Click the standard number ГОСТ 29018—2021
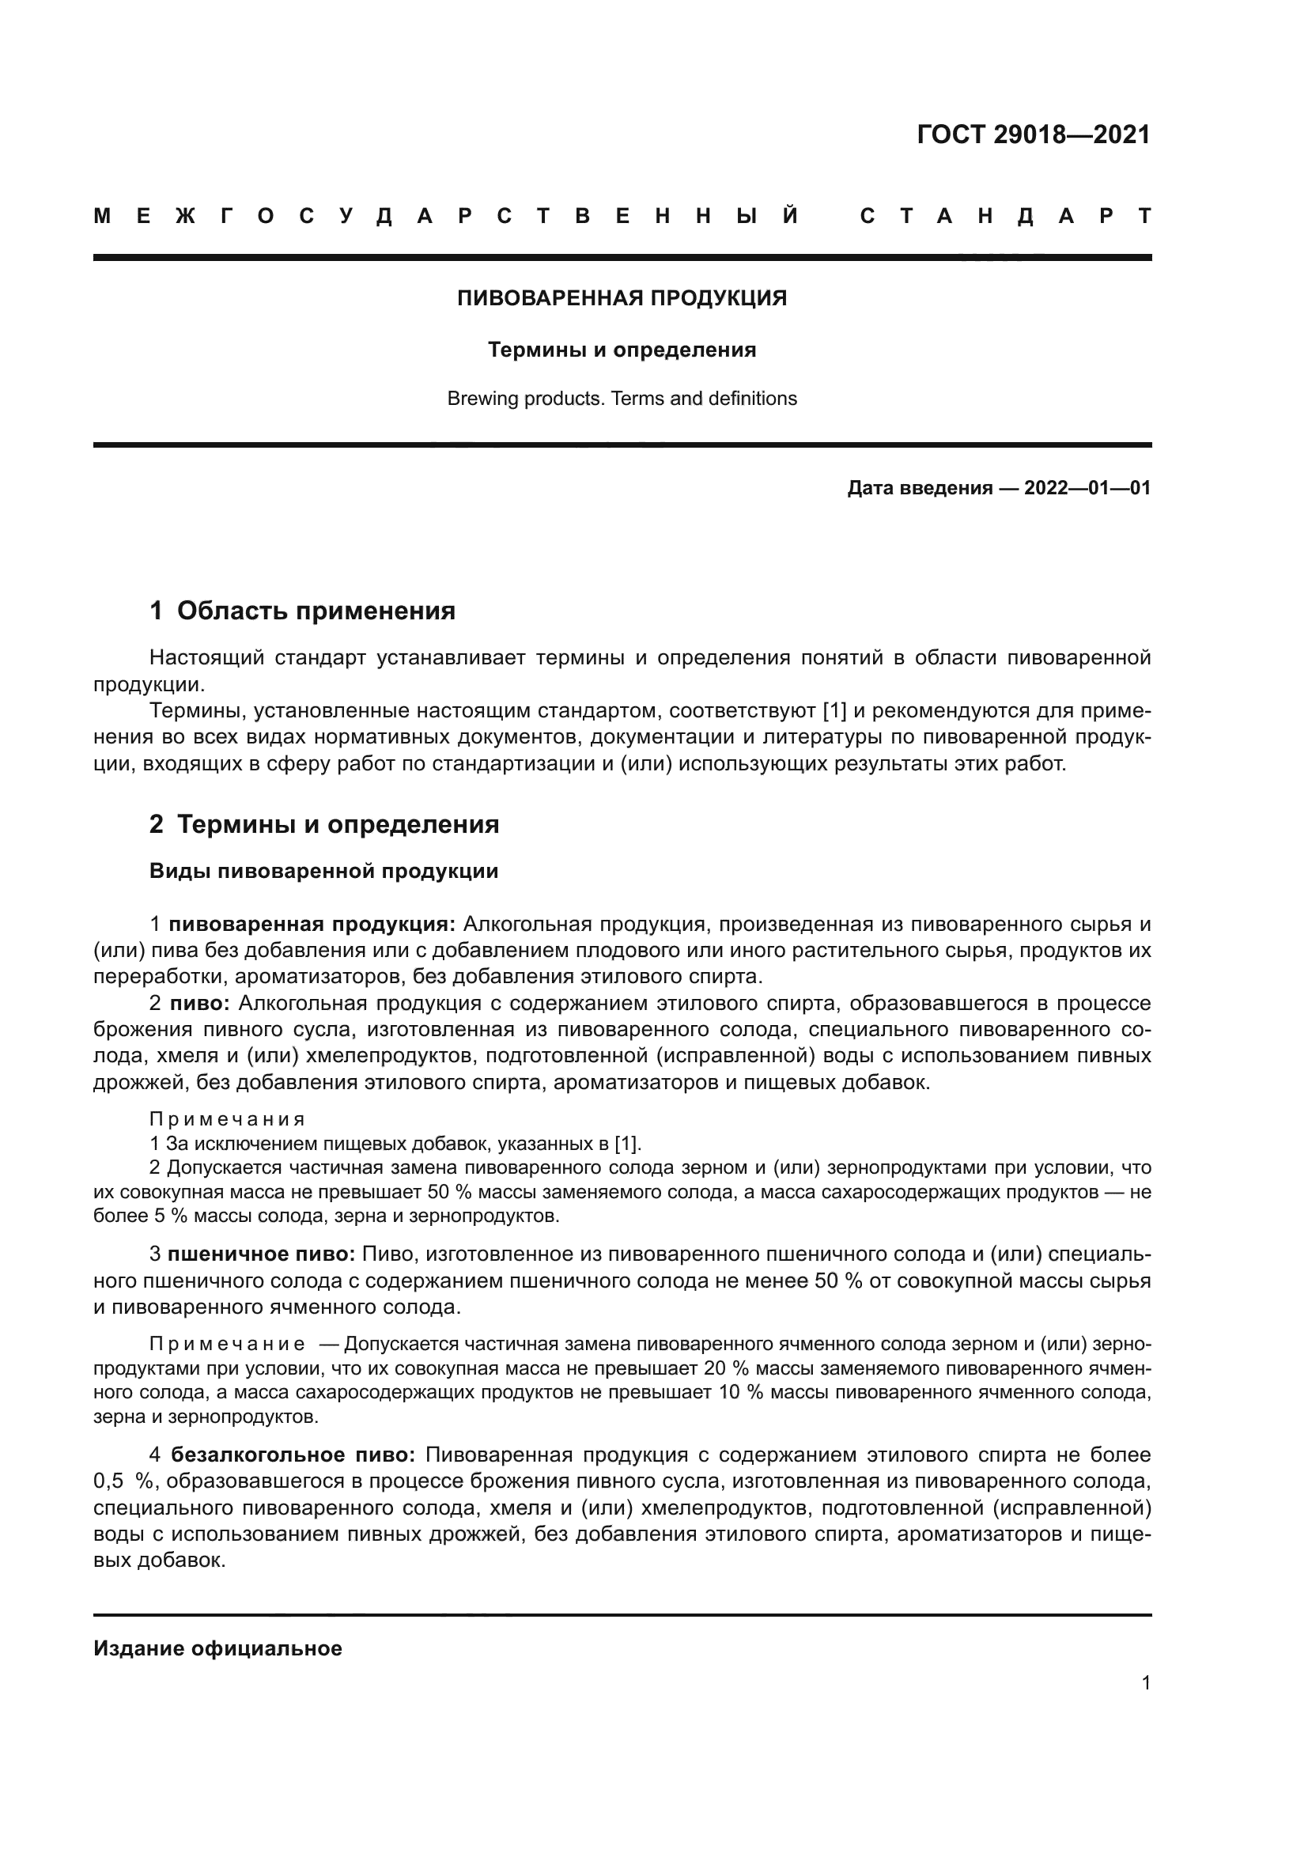(x=1034, y=134)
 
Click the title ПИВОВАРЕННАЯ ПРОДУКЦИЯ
(x=622, y=298)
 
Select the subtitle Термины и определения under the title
(x=622, y=350)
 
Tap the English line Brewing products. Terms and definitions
(x=622, y=399)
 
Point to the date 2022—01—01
(x=1087, y=488)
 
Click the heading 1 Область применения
(x=302, y=611)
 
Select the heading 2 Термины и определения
(x=323, y=824)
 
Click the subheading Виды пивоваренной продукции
(x=323, y=871)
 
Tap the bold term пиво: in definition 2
(x=201, y=1003)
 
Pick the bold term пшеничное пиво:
(x=262, y=1254)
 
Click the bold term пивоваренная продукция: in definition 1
(x=312, y=924)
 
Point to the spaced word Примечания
(x=227, y=1119)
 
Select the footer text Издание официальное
(x=217, y=1648)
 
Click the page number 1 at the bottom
(x=1145, y=1683)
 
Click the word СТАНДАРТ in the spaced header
(x=1005, y=216)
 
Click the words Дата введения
(x=919, y=488)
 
